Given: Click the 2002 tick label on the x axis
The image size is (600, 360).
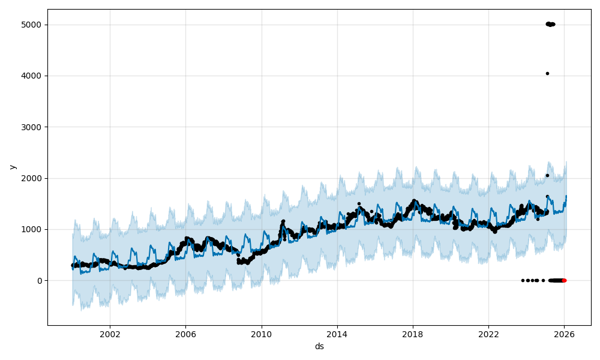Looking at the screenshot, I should (110, 334).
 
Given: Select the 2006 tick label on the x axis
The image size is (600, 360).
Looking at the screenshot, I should (185, 334).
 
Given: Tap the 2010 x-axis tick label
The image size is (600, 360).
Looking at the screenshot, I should (261, 334).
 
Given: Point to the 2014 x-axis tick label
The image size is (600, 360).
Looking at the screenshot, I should (337, 334).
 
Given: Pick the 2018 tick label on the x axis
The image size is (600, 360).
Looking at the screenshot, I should (413, 334).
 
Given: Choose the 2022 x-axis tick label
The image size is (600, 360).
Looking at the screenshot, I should (488, 334).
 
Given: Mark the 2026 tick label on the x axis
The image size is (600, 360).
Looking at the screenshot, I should (564, 334).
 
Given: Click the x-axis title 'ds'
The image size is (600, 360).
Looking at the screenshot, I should (319, 347).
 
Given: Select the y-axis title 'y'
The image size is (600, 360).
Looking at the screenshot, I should (12, 167).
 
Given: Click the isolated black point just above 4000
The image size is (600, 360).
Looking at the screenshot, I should (547, 73).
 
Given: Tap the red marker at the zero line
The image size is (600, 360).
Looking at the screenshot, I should (564, 280).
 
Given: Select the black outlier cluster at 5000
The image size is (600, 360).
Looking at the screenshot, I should (550, 24).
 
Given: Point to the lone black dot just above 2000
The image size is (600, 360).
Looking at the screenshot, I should (547, 175).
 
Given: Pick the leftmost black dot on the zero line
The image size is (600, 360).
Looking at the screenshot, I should (523, 280).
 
